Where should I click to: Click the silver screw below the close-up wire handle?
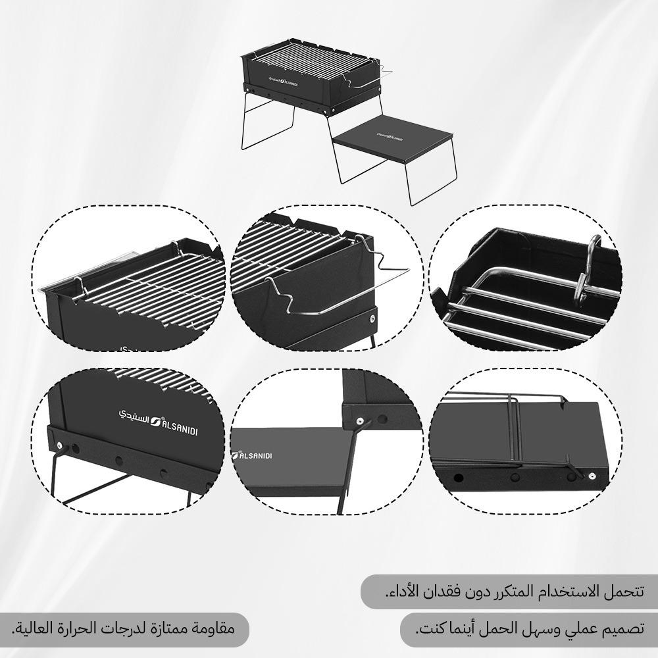pos(373,318)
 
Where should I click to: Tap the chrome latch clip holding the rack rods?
pos(592,270)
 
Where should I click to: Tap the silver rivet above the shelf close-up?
pos(359,420)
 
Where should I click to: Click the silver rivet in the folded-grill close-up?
pos(592,476)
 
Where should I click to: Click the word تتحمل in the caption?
pos(625,590)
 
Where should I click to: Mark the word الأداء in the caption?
pos(403,590)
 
